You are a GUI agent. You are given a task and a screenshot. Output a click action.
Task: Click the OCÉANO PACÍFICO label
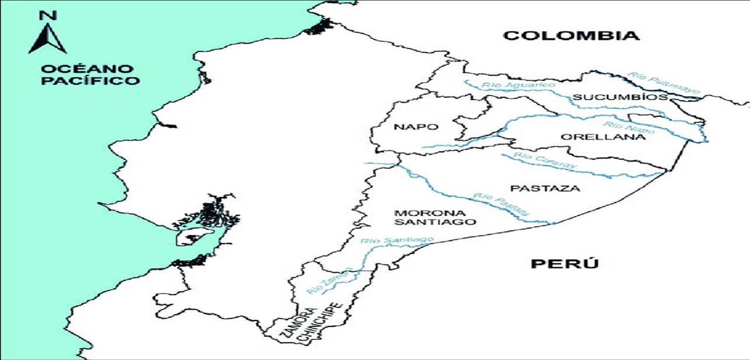[90, 75]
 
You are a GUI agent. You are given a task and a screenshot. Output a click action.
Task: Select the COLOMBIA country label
[571, 35]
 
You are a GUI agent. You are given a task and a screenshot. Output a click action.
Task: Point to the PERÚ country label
[565, 263]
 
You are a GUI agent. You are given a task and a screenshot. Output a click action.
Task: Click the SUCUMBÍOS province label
[612, 97]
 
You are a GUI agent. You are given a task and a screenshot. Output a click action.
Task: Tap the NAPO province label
[416, 127]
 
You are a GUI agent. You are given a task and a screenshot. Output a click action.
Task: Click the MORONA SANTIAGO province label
[435, 217]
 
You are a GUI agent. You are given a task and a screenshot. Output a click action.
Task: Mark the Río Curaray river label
[544, 161]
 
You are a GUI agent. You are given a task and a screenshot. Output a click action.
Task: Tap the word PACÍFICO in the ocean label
[90, 81]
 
